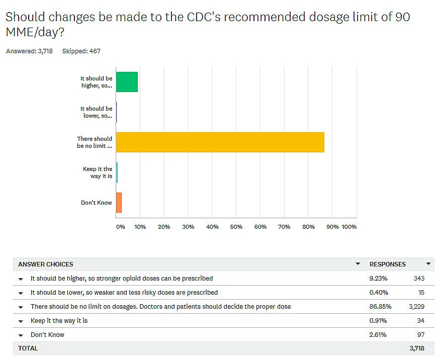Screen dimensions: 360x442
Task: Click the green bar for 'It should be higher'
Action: [127, 82]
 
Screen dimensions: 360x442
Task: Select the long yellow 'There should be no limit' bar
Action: [220, 142]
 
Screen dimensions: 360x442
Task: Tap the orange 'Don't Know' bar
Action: [119, 203]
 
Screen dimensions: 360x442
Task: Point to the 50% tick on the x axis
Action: [236, 227]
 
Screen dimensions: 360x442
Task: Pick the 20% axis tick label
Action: [164, 227]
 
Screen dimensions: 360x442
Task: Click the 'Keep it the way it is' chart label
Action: [98, 172]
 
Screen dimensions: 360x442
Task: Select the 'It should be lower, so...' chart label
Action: [96, 112]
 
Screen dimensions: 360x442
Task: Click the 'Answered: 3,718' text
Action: [29, 51]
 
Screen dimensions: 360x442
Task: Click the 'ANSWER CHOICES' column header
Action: [45, 264]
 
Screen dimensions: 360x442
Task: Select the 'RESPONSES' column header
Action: [387, 264]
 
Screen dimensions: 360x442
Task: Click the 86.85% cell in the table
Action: [380, 306]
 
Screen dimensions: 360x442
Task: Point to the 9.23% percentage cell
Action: [378, 278]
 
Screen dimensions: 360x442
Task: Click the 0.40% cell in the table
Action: [379, 292]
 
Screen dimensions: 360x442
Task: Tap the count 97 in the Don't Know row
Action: [420, 334]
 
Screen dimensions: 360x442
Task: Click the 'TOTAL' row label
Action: [28, 348]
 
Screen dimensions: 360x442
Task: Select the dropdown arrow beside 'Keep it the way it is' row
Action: [21, 321]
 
